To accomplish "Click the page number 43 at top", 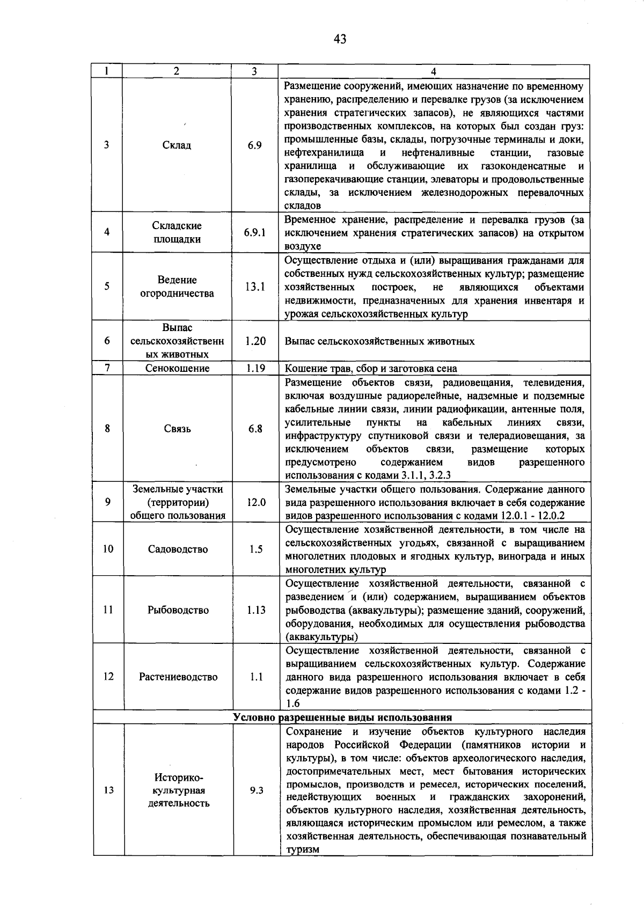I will pyautogui.click(x=340, y=39).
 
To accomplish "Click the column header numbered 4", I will pyautogui.click(x=434, y=71).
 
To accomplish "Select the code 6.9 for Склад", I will pyautogui.click(x=255, y=145).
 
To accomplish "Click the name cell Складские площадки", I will pyautogui.click(x=177, y=232).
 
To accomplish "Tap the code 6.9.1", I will pyautogui.click(x=255, y=232).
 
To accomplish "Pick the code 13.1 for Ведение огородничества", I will pyautogui.click(x=255, y=287).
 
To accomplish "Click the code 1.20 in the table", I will pyautogui.click(x=255, y=341).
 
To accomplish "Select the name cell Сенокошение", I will pyautogui.click(x=177, y=368).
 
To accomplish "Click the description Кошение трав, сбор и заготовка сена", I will pyautogui.click(x=371, y=369).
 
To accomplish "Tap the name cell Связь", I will pyautogui.click(x=177, y=429).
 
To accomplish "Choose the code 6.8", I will pyautogui.click(x=255, y=429).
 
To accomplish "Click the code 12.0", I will pyautogui.click(x=256, y=502).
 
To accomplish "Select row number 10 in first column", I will pyautogui.click(x=108, y=549).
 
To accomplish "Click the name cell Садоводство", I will pyautogui.click(x=178, y=549).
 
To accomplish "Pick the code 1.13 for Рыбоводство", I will pyautogui.click(x=256, y=610).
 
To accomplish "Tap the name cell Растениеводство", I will pyautogui.click(x=178, y=677).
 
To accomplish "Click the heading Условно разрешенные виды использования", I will pyautogui.click(x=342, y=717).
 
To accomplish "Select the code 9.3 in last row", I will pyautogui.click(x=256, y=790).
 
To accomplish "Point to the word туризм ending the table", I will pyautogui.click(x=303, y=849).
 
